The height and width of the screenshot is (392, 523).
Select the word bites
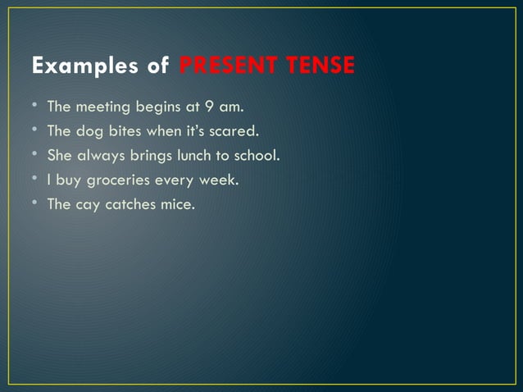click(x=126, y=130)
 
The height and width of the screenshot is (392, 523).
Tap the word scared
click(x=234, y=130)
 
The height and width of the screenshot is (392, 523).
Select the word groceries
click(x=118, y=180)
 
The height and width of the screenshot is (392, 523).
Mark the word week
click(x=219, y=180)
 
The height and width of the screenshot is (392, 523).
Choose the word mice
click(x=180, y=204)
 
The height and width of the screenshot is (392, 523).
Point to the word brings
click(x=148, y=155)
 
